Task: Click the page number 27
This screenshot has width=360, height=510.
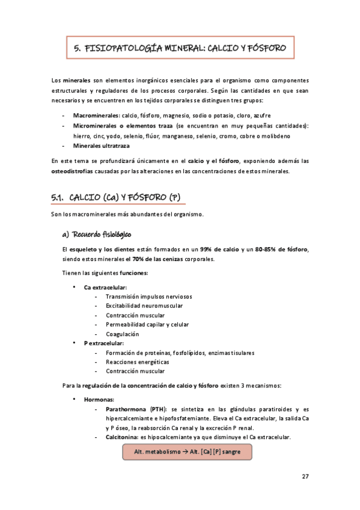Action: coord(305,476)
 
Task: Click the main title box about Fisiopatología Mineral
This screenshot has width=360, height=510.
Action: coord(180,46)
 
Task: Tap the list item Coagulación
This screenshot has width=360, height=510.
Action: coord(122,334)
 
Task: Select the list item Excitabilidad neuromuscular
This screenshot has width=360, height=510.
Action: coord(144,306)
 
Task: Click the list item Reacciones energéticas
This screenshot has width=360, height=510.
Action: coord(137,362)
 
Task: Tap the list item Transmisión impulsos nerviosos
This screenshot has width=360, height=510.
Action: coord(148,296)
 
